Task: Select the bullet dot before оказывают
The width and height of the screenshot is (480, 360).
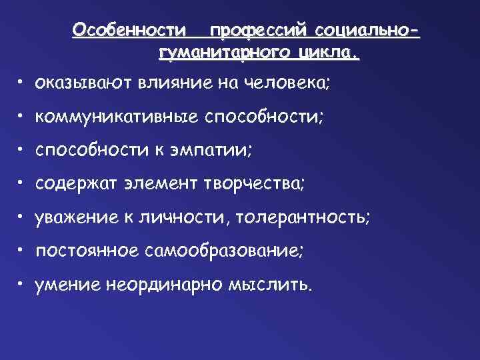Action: tap(22, 82)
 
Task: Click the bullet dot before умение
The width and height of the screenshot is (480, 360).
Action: tap(22, 283)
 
